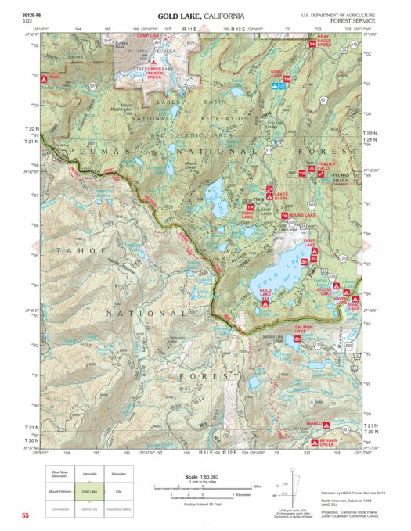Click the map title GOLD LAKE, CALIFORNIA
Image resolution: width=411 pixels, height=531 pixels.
click(x=200, y=16)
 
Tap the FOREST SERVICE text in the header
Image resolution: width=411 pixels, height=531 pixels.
click(x=350, y=22)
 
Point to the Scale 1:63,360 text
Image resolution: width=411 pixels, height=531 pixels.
click(x=200, y=477)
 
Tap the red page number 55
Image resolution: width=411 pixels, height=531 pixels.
click(x=26, y=516)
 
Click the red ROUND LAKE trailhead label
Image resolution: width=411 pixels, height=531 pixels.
click(x=301, y=215)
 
